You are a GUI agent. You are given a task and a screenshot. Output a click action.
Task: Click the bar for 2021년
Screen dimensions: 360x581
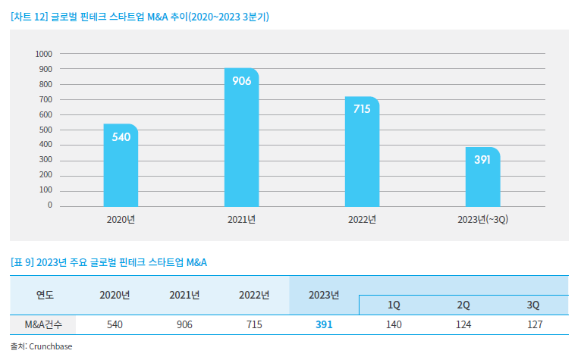241,140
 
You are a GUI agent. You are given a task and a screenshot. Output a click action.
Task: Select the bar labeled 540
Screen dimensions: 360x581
121,167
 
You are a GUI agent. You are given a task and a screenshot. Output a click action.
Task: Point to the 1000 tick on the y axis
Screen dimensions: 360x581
44,54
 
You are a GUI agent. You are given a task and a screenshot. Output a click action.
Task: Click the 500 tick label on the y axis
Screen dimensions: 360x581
46,130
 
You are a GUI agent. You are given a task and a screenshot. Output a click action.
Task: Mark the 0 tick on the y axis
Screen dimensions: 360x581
50,205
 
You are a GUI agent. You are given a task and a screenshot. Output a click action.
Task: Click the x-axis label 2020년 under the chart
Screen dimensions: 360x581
121,220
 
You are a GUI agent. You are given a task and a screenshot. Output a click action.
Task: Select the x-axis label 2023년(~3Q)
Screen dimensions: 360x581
482,220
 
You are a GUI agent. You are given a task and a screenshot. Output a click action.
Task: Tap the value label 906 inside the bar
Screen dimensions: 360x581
241,81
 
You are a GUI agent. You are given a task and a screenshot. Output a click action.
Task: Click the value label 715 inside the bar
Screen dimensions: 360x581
362,109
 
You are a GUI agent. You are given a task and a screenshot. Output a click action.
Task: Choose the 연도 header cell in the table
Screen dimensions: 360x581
45,295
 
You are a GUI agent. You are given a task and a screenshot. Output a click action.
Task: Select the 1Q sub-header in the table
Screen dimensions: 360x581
394,305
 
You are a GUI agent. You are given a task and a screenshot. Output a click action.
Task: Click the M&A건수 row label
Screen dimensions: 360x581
45,324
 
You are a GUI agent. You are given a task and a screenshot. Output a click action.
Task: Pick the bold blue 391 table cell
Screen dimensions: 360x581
324,324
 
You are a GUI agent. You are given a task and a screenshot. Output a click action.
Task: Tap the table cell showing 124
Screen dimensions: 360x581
463,324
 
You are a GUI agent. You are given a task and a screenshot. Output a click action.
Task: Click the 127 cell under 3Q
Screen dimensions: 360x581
533,324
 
